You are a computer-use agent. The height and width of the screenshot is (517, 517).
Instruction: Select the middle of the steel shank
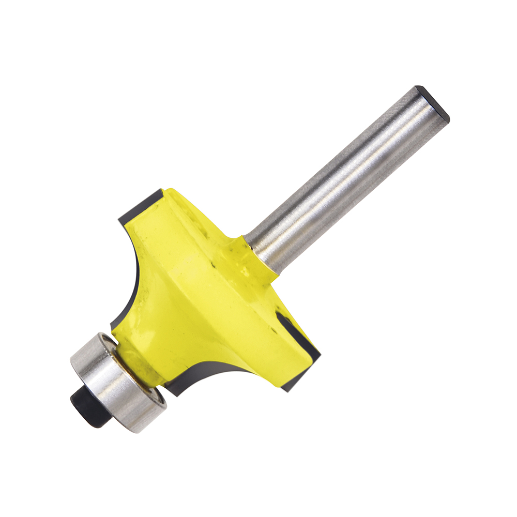pyautogui.click(x=346, y=176)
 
